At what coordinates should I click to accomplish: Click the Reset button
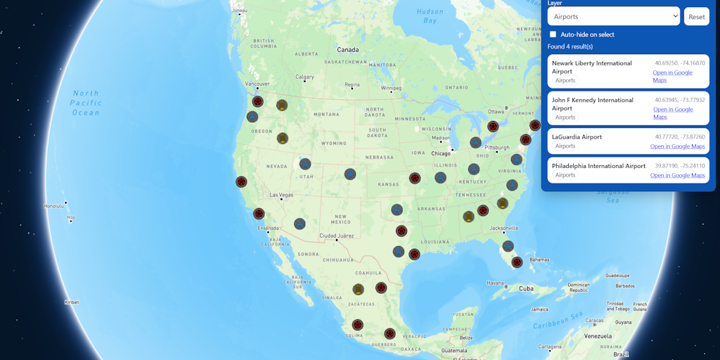[x=696, y=17]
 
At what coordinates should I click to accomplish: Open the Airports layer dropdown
[x=613, y=16]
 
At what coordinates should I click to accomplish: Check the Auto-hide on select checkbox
[x=553, y=34]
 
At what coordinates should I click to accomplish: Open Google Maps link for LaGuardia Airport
[x=677, y=146]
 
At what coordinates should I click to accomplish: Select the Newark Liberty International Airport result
[x=591, y=67]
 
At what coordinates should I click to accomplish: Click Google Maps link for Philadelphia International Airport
[x=677, y=175]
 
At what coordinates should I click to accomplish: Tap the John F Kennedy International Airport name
[x=592, y=104]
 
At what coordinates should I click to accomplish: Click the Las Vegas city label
[x=281, y=195]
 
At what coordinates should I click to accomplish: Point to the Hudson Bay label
[x=430, y=16]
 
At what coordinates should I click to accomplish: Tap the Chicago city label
[x=441, y=153]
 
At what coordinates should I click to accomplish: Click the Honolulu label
[x=53, y=206]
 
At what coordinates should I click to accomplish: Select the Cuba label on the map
[x=526, y=288]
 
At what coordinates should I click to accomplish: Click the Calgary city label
[x=304, y=77]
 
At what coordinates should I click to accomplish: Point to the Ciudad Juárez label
[x=337, y=236]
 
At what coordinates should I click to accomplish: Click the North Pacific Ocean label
[x=86, y=103]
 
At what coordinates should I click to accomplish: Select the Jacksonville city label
[x=504, y=228]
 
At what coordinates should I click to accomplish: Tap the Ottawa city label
[x=496, y=111]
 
